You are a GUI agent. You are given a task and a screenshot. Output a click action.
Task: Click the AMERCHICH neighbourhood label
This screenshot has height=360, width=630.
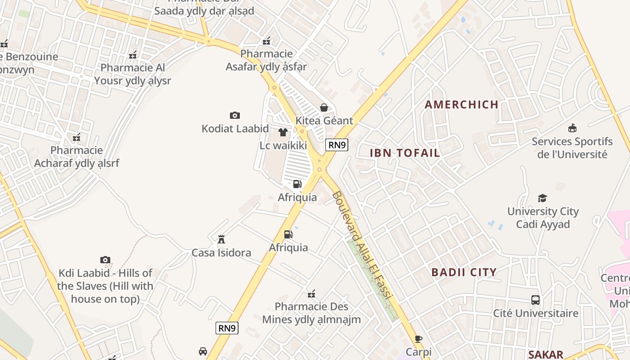tap(462, 104)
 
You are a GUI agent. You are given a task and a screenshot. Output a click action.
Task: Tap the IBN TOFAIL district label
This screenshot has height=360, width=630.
tap(405, 153)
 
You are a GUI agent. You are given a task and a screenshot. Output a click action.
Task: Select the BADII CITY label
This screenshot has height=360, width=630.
tap(464, 272)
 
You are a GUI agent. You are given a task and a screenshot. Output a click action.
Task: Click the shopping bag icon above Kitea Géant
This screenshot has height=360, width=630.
tap(324, 107)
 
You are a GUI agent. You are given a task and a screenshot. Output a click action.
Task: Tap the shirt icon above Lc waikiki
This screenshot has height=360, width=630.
tap(283, 132)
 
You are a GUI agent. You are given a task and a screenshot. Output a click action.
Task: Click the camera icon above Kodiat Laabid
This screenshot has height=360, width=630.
tap(234, 115)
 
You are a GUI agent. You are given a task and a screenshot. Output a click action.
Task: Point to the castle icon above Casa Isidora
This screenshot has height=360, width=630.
tap(221, 239)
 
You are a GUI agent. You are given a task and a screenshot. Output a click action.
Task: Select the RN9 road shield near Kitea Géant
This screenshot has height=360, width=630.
tap(337, 144)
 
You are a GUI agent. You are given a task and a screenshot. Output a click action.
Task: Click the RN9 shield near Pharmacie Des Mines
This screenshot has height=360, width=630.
tap(227, 328)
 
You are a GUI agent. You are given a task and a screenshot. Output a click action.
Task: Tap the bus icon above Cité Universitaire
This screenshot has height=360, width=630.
tap(535, 300)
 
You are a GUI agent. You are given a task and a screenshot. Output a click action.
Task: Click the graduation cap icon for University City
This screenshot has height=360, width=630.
tap(542, 198)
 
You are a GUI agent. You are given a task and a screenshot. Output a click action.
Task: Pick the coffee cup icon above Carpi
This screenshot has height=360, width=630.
tap(418, 339)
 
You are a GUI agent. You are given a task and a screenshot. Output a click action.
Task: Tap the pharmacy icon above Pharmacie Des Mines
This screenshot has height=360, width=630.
tap(311, 294)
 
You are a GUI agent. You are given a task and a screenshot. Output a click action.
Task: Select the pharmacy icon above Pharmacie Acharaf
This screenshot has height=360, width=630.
tap(76, 137)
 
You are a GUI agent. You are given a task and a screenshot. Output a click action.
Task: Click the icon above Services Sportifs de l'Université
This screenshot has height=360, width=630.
tap(572, 128)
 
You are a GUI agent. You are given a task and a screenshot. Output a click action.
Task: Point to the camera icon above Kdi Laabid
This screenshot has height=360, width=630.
tap(105, 260)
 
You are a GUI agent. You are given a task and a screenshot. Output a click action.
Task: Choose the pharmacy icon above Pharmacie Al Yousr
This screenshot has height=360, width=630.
tap(133, 55)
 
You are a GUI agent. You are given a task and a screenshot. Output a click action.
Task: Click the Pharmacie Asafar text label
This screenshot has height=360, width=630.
tap(266, 60)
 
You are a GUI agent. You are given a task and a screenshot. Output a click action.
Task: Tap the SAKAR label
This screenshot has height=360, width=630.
tap(545, 354)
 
